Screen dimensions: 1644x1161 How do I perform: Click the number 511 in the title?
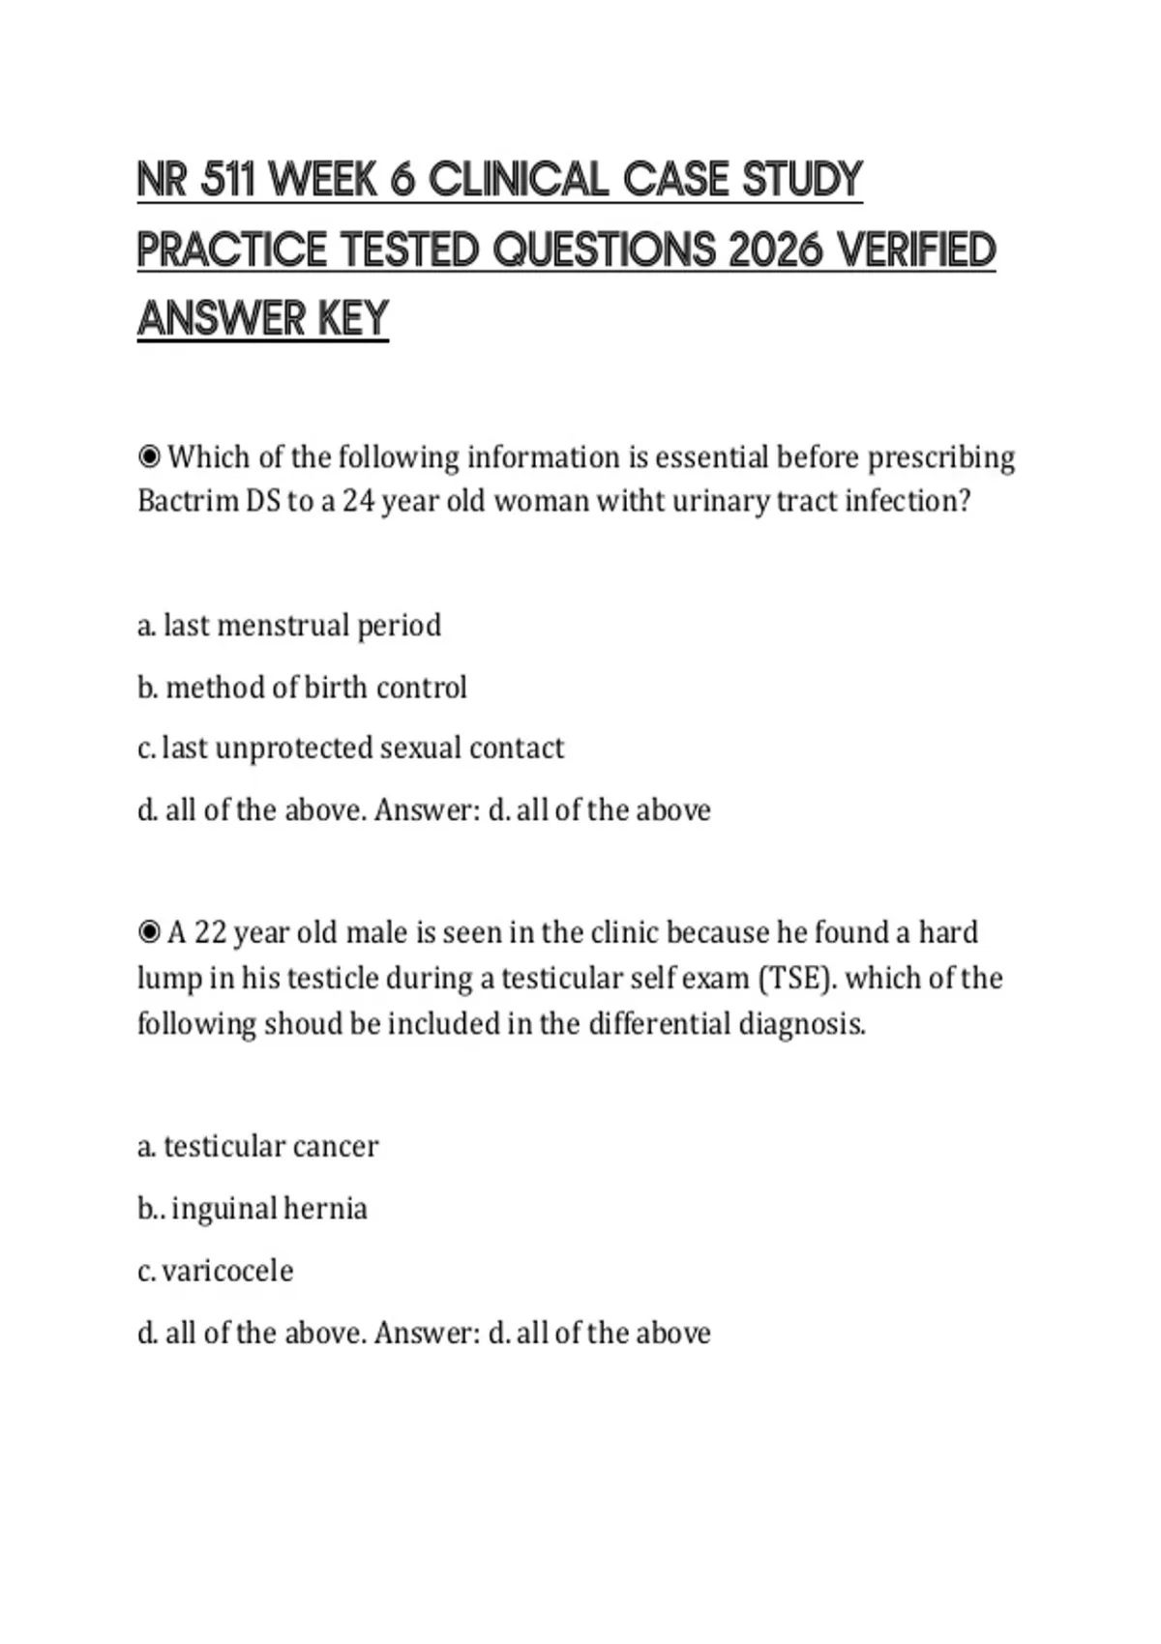click(x=226, y=180)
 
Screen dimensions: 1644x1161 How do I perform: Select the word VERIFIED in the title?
click(x=916, y=250)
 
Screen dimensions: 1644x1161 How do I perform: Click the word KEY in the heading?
click(x=353, y=319)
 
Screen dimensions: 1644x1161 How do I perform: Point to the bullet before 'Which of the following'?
click(x=149, y=455)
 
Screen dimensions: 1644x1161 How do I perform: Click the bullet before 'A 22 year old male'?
click(x=149, y=932)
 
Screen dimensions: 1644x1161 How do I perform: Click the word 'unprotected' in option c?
click(x=295, y=748)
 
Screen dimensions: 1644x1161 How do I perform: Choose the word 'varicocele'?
click(x=227, y=1271)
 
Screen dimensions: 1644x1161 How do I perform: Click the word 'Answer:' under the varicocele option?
click(x=427, y=1333)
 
